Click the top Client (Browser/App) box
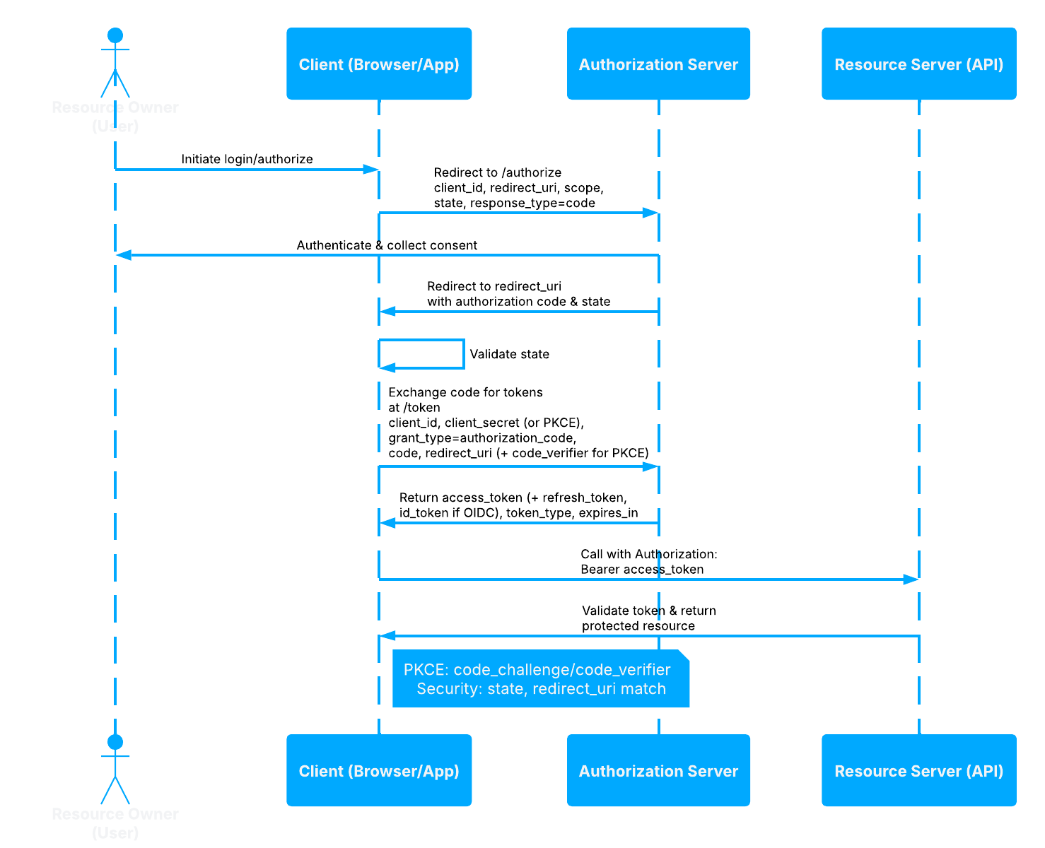click(x=379, y=64)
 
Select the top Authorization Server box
click(x=658, y=64)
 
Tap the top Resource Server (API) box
click(x=918, y=64)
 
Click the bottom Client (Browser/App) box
click(x=379, y=771)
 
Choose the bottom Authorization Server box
click(x=658, y=771)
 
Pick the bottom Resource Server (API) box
click(x=918, y=771)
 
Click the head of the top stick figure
click(x=115, y=35)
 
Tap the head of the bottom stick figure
click(x=115, y=742)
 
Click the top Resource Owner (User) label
click(x=115, y=117)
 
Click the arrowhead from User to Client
click(x=371, y=170)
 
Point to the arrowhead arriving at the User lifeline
click(x=124, y=255)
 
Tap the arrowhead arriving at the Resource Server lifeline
click(x=911, y=579)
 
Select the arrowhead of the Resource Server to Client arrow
click(x=387, y=636)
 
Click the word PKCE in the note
click(x=425, y=670)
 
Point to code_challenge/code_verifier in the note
click(x=562, y=670)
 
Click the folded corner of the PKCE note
click(x=684, y=655)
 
